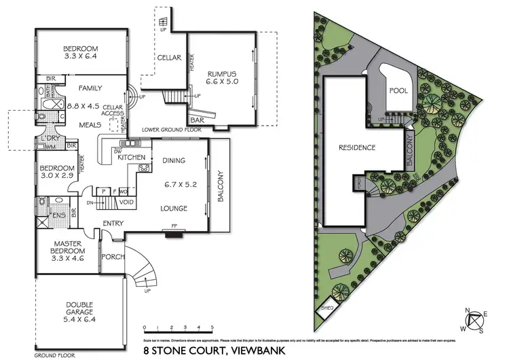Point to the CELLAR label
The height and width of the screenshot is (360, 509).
169,58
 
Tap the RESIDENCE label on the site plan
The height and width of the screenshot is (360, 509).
357,147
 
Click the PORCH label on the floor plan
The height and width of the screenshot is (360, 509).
111,257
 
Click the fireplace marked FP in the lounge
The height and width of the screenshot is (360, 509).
174,233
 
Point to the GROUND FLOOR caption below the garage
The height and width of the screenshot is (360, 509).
53,354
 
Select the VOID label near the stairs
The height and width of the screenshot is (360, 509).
127,202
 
